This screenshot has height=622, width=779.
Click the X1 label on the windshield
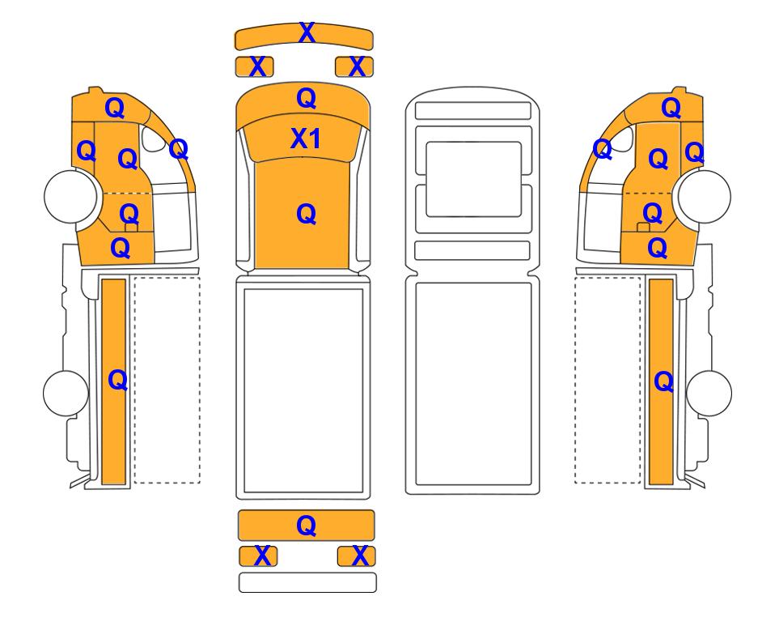(x=306, y=138)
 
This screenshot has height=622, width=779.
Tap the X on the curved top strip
(x=307, y=33)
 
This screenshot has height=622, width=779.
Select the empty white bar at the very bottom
(x=307, y=582)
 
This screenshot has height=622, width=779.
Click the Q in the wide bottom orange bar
(x=306, y=526)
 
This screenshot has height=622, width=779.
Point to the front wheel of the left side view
(x=70, y=196)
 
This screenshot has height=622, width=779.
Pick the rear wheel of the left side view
(x=66, y=393)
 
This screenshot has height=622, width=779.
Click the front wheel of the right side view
(x=704, y=196)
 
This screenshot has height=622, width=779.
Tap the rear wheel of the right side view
(x=709, y=393)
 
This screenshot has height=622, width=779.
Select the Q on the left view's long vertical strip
(x=118, y=381)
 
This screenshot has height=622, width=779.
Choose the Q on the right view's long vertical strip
(x=664, y=382)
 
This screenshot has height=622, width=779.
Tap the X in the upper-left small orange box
(x=257, y=66)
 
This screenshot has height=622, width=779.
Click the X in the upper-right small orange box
(x=358, y=66)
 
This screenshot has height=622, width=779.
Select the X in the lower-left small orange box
(x=262, y=556)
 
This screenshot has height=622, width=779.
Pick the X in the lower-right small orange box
(x=360, y=556)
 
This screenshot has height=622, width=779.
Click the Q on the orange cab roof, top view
(x=306, y=215)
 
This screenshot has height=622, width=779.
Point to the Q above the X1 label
(x=306, y=99)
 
